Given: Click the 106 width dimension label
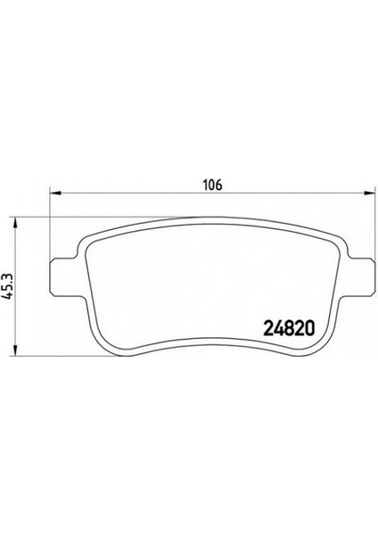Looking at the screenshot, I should [211, 186].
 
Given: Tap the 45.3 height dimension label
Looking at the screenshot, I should [9, 290].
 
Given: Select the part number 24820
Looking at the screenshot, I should [289, 327].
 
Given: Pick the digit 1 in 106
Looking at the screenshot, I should [205, 186].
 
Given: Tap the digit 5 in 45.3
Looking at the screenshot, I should [9, 292].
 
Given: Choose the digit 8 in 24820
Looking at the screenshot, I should [288, 327].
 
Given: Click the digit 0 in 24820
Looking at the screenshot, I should [309, 327].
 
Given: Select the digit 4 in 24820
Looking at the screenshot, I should [277, 327].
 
